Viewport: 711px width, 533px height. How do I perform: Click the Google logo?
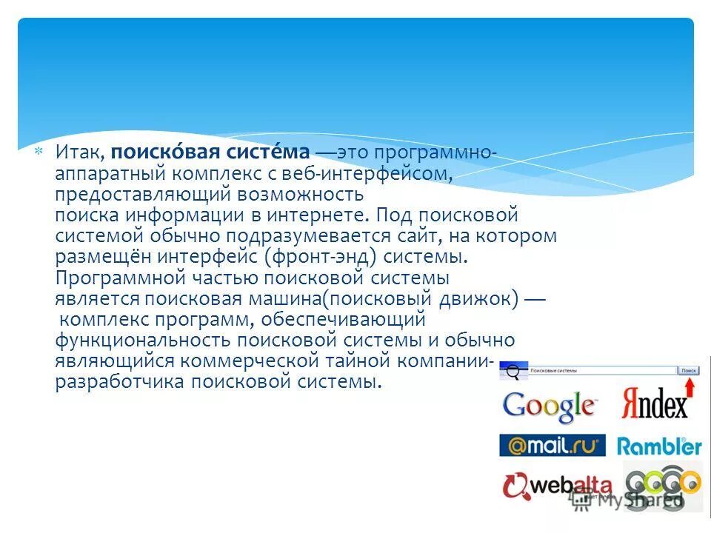(549, 406)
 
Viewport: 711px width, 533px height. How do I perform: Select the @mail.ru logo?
(552, 445)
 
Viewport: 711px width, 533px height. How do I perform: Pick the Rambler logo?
(658, 446)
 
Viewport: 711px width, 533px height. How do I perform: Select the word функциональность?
(144, 341)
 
